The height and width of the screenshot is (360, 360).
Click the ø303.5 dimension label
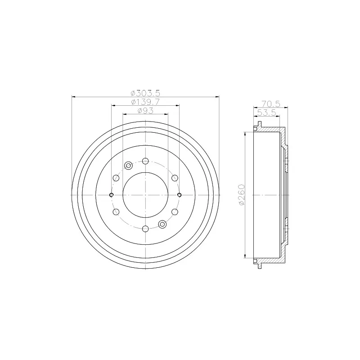tap(145, 93)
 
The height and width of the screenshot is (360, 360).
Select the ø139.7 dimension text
tap(145, 102)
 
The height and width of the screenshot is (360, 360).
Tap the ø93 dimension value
tap(145, 111)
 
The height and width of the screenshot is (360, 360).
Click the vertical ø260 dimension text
tap(242, 195)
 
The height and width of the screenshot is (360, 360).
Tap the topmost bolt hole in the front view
tap(145, 161)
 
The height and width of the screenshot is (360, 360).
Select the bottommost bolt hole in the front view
tap(145, 229)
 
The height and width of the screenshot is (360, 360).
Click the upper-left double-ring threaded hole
tap(128, 166)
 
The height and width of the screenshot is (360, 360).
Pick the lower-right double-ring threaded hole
tap(162, 224)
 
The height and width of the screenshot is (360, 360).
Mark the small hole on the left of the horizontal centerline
tap(111, 195)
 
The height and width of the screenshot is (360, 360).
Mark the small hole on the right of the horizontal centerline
tap(180, 195)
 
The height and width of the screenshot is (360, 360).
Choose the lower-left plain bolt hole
tap(116, 212)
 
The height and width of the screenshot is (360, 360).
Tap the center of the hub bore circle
tap(145, 195)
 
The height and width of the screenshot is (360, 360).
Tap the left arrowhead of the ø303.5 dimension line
tap(73, 96)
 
